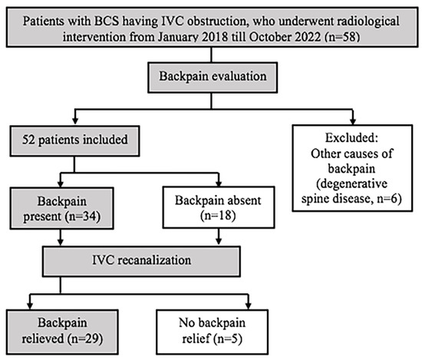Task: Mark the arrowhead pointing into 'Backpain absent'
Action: (x=220, y=185)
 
